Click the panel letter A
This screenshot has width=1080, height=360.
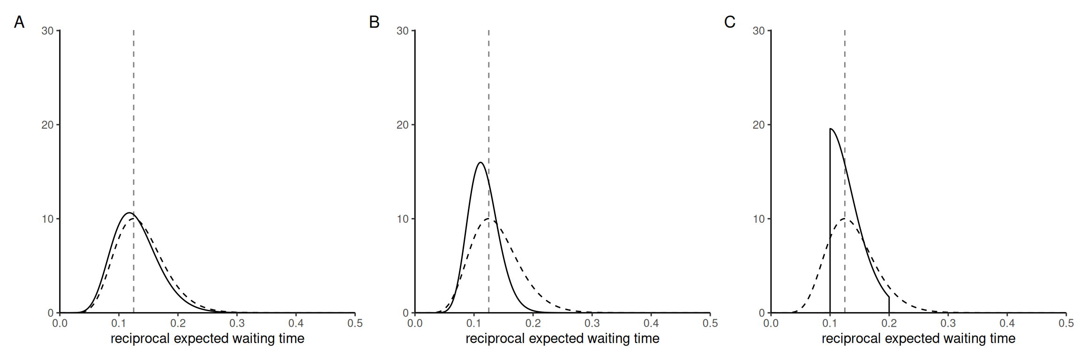pyautogui.click(x=19, y=22)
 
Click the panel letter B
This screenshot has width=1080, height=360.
pyautogui.click(x=374, y=22)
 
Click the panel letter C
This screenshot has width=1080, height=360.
pyautogui.click(x=729, y=22)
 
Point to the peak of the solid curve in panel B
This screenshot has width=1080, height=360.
pyautogui.click(x=480, y=163)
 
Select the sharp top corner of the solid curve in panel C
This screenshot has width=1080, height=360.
pyautogui.click(x=830, y=129)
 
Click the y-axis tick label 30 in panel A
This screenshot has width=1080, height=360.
pyautogui.click(x=47, y=31)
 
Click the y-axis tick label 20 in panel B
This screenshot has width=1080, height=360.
pyautogui.click(x=403, y=125)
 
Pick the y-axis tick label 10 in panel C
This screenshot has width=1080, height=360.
pyautogui.click(x=758, y=219)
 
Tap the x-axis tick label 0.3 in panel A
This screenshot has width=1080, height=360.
pyautogui.click(x=237, y=323)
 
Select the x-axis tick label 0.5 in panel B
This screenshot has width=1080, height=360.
pyautogui.click(x=710, y=323)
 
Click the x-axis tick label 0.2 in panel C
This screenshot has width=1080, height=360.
pyautogui.click(x=889, y=323)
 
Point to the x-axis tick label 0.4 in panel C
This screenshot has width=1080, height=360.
pyautogui.click(x=1007, y=323)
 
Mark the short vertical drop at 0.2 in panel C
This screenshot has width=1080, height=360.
pyautogui.click(x=889, y=305)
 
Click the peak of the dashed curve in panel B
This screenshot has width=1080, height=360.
pyautogui.click(x=489, y=219)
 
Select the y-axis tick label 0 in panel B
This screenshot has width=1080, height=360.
pyautogui.click(x=406, y=313)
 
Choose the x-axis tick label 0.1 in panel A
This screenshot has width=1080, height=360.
pyautogui.click(x=119, y=323)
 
